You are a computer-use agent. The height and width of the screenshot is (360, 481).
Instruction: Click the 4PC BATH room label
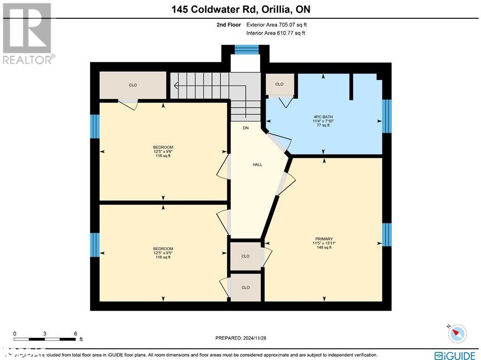click(x=324, y=117)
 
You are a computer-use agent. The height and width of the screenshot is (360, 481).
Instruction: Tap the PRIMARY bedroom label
click(x=324, y=239)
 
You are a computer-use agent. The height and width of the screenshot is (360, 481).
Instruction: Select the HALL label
click(x=257, y=164)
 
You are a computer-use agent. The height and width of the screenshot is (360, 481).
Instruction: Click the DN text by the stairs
click(x=246, y=128)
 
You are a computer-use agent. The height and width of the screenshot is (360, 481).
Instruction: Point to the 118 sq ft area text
click(x=163, y=156)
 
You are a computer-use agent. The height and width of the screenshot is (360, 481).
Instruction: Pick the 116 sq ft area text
click(x=163, y=257)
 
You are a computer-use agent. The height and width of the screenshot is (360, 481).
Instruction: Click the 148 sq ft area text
click(x=324, y=247)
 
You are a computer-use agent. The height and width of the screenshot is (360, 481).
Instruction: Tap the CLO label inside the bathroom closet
click(x=279, y=84)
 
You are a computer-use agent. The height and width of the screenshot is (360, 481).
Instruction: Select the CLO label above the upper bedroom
click(x=133, y=85)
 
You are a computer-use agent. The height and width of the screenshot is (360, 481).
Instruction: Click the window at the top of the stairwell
click(x=247, y=49)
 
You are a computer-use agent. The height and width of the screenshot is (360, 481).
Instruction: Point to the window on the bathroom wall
click(x=387, y=116)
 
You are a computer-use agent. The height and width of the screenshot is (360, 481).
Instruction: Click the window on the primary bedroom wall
click(x=387, y=235)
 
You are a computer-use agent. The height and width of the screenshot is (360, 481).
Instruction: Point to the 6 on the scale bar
click(x=76, y=333)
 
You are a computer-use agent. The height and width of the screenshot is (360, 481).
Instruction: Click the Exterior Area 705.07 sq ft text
click(x=277, y=25)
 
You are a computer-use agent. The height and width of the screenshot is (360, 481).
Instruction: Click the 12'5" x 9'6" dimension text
click(x=163, y=151)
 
